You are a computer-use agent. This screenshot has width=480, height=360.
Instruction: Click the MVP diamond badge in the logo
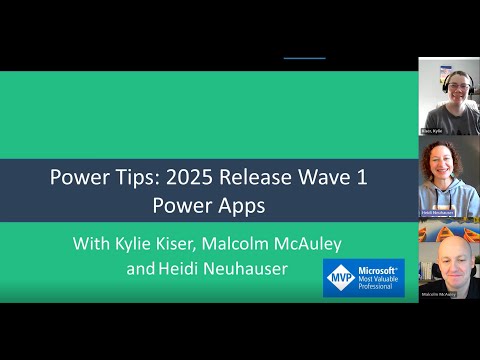coord(341,277)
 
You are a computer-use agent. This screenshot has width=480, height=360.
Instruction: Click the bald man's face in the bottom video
coord(446,254)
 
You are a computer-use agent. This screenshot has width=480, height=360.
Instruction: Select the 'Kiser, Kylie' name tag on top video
coord(433,130)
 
